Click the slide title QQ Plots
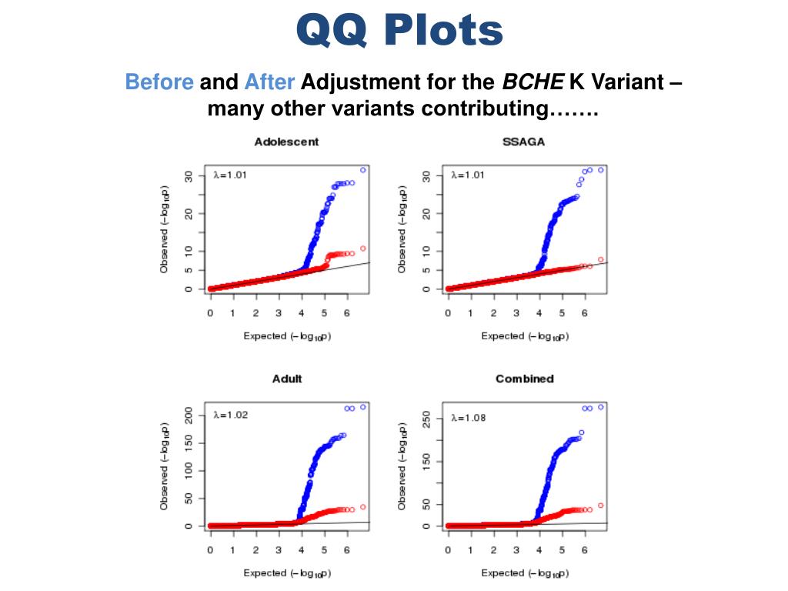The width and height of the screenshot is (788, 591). click(x=399, y=32)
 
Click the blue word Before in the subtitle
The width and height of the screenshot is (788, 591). click(x=159, y=82)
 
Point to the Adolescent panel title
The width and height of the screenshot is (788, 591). click(x=286, y=142)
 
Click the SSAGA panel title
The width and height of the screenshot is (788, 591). click(x=524, y=142)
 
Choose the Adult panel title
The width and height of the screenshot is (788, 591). click(x=287, y=379)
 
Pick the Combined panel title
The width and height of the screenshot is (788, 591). click(x=524, y=379)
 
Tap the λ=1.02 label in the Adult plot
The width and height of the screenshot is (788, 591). click(x=230, y=415)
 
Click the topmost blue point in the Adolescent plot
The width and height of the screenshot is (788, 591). click(x=362, y=170)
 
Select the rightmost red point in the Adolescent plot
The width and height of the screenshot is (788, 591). click(x=362, y=249)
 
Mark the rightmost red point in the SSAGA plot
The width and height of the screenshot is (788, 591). click(x=600, y=259)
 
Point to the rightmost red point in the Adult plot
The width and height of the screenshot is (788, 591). click(x=362, y=506)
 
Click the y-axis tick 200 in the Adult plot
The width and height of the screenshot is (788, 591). click(x=188, y=415)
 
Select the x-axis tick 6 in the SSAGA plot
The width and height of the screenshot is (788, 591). click(x=584, y=313)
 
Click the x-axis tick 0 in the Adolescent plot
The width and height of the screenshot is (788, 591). click(x=210, y=313)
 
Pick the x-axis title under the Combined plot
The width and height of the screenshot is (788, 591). click(x=524, y=573)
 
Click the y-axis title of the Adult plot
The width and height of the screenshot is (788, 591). click(x=164, y=467)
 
